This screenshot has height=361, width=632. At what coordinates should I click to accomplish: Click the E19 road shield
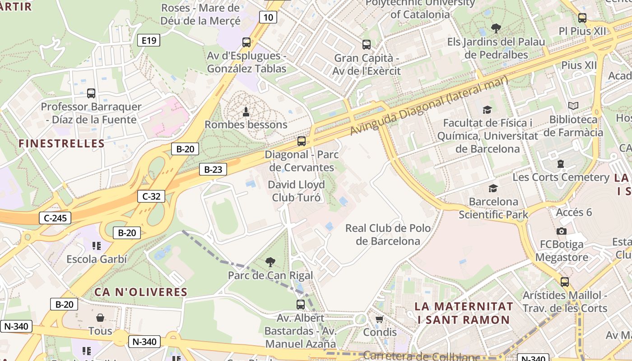[149, 41]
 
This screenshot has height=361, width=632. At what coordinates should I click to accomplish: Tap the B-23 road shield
[213, 169]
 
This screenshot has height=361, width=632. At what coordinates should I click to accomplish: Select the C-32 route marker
[151, 196]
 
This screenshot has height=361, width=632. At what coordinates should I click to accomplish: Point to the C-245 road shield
[55, 218]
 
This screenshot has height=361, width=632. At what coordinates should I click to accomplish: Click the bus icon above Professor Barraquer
[91, 93]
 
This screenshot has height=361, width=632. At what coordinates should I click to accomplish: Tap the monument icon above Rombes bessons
[246, 111]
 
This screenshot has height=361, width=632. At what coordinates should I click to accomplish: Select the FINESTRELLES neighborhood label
[61, 143]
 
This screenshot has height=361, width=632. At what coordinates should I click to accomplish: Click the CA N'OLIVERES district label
[140, 292]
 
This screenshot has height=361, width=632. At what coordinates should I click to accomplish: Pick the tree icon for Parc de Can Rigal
[270, 262]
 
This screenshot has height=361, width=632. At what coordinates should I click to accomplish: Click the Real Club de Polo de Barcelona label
[388, 234]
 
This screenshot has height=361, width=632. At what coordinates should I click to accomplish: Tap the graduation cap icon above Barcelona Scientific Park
[493, 188]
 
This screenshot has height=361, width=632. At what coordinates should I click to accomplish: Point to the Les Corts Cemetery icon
[561, 164]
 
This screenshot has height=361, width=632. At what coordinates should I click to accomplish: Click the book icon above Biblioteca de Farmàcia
[573, 106]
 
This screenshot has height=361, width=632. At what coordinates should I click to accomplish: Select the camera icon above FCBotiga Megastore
[562, 231]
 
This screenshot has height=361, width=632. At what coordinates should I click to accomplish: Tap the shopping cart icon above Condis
[379, 319]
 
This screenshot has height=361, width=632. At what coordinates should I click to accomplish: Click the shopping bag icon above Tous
[100, 318]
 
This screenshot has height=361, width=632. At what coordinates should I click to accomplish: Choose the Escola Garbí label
[97, 259]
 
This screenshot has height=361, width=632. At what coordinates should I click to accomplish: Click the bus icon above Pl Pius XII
[582, 18]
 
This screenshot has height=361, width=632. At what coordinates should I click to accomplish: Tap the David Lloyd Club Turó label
[296, 191]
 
